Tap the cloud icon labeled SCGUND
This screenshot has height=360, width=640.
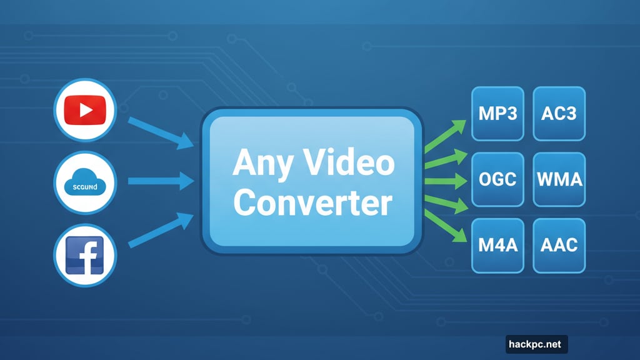click(86, 182)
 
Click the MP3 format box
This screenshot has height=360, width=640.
click(497, 113)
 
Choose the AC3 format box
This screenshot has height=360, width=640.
click(559, 113)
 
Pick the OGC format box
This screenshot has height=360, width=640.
click(497, 179)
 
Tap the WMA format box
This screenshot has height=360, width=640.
click(559, 179)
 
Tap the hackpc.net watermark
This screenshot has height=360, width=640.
click(536, 344)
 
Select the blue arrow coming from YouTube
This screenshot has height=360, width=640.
click(161, 132)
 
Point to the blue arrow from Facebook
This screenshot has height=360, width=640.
click(161, 230)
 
